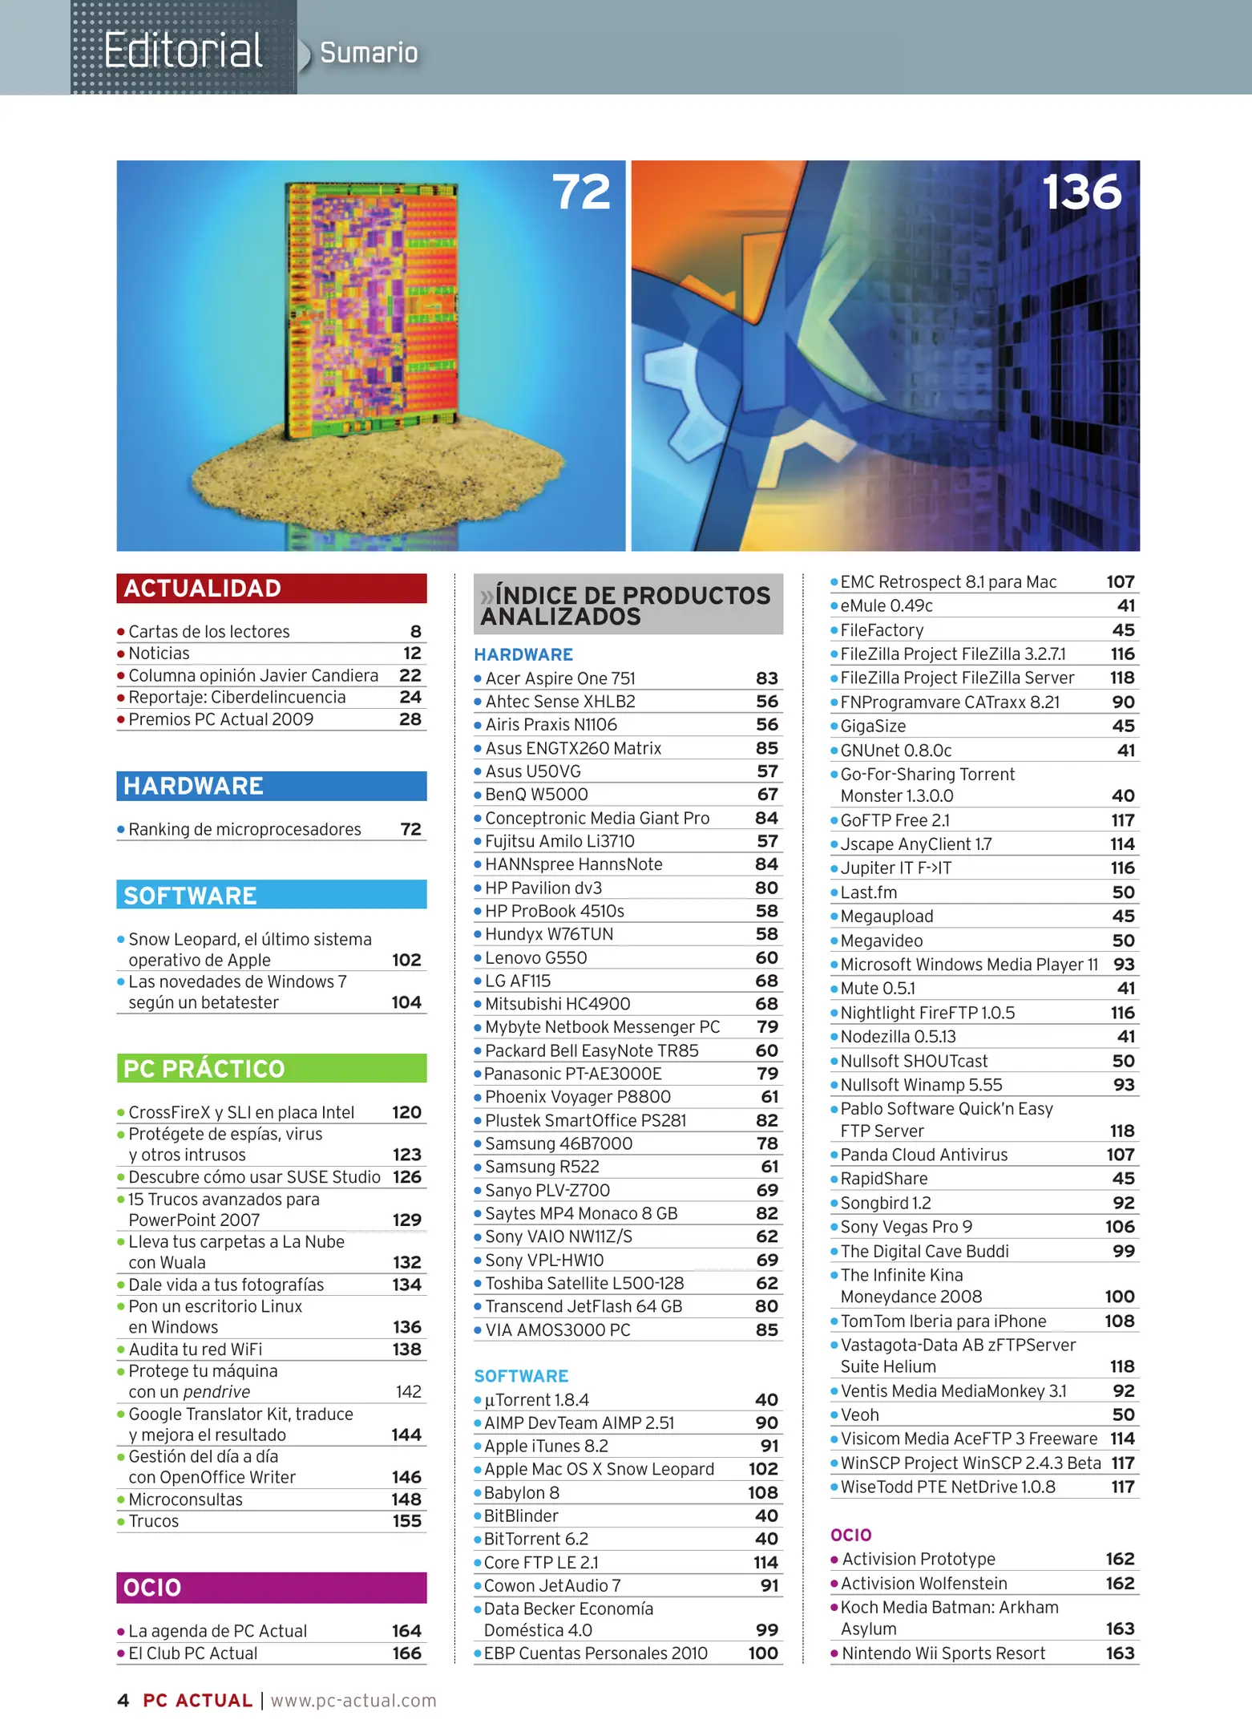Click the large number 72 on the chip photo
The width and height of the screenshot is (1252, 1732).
pos(581,193)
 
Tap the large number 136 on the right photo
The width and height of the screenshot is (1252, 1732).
pos(1081,193)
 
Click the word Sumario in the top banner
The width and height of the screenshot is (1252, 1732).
pos(369,53)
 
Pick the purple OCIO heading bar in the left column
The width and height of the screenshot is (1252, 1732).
pos(271,1588)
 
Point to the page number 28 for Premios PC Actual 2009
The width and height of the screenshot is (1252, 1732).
pos(410,719)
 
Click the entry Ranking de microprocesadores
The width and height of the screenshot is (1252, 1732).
pos(244,829)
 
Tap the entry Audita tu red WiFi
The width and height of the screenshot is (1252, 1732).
pos(196,1350)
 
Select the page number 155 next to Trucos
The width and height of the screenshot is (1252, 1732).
pos(407,1521)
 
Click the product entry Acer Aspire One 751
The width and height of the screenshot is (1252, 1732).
pos(560,678)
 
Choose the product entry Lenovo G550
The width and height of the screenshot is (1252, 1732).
pos(535,957)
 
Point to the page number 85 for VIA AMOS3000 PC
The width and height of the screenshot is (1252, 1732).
pos(766,1329)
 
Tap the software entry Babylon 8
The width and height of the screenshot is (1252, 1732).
pos(522,1492)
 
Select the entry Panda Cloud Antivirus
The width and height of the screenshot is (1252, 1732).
pos(923,1155)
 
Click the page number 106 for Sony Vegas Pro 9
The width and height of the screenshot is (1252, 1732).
pos(1120,1227)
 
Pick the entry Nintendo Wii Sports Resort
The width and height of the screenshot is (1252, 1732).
pos(943,1653)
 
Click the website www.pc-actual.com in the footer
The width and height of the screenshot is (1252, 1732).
pos(353,1701)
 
